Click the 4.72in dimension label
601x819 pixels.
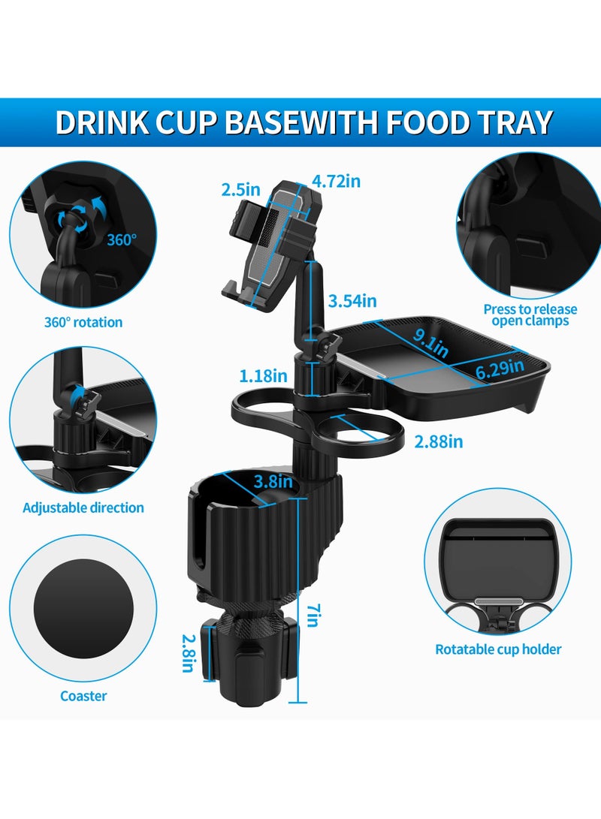coord(337,181)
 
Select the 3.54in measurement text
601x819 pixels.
coord(352,301)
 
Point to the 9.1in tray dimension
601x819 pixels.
coord(430,345)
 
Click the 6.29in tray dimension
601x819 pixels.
coord(499,368)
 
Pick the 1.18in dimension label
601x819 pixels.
coord(262,375)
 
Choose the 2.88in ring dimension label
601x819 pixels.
coord(438,441)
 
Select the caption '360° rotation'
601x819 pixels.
coord(83,322)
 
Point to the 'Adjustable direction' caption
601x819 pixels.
coord(83,507)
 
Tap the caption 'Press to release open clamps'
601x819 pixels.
coord(530,315)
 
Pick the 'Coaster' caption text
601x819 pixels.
coord(83,696)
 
